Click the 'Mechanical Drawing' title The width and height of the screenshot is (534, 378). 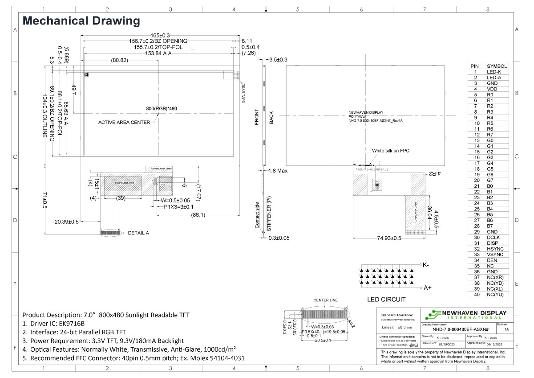81,21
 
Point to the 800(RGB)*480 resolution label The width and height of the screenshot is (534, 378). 162,108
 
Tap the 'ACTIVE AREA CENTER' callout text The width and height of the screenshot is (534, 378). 124,123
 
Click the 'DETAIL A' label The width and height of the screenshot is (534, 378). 138,233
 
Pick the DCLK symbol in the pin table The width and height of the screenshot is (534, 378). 492,238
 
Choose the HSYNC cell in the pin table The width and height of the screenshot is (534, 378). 494,249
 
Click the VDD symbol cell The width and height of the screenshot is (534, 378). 492,89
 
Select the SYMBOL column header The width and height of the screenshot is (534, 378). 497,66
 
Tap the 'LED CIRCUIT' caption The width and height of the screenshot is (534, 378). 386,299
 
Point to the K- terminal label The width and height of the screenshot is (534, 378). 426,265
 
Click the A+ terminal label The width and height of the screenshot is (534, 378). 428,288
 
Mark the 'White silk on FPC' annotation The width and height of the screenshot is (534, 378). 390,151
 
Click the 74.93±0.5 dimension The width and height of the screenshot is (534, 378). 383,238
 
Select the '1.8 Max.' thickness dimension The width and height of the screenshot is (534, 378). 279,171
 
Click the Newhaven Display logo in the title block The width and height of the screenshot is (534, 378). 465,315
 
